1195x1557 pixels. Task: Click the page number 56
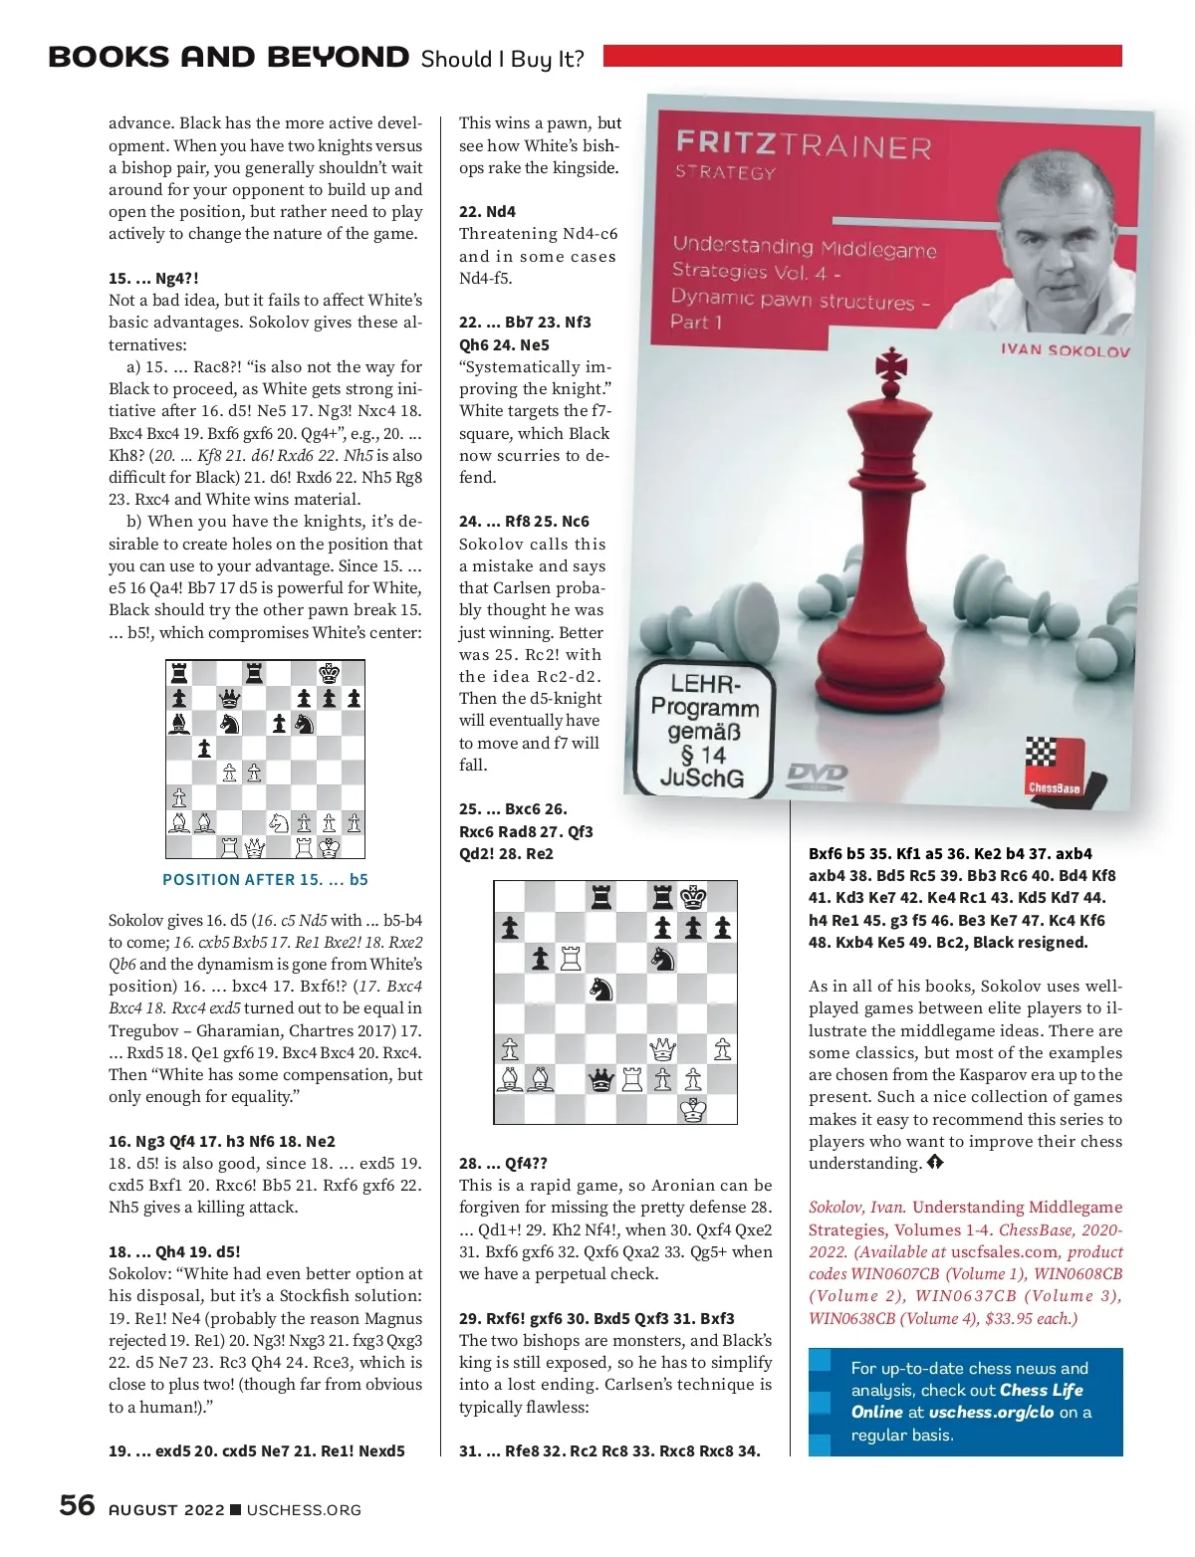(x=77, y=1504)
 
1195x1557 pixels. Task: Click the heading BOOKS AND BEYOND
(x=228, y=58)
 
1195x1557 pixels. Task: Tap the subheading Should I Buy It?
(x=502, y=59)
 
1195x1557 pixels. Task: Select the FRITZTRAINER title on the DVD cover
(x=803, y=145)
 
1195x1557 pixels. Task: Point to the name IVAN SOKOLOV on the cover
(x=1065, y=350)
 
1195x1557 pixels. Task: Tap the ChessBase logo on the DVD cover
(x=1053, y=768)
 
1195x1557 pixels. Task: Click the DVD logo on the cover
(x=817, y=774)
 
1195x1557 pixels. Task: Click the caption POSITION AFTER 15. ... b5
(x=265, y=880)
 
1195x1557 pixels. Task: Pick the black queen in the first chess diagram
(x=229, y=698)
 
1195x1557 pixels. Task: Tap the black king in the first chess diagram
(x=329, y=673)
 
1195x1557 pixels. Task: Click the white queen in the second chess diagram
(x=662, y=1048)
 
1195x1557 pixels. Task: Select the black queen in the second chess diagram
(x=600, y=1079)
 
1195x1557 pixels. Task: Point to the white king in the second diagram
(x=693, y=1109)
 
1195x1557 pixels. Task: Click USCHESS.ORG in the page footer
(x=304, y=1510)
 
